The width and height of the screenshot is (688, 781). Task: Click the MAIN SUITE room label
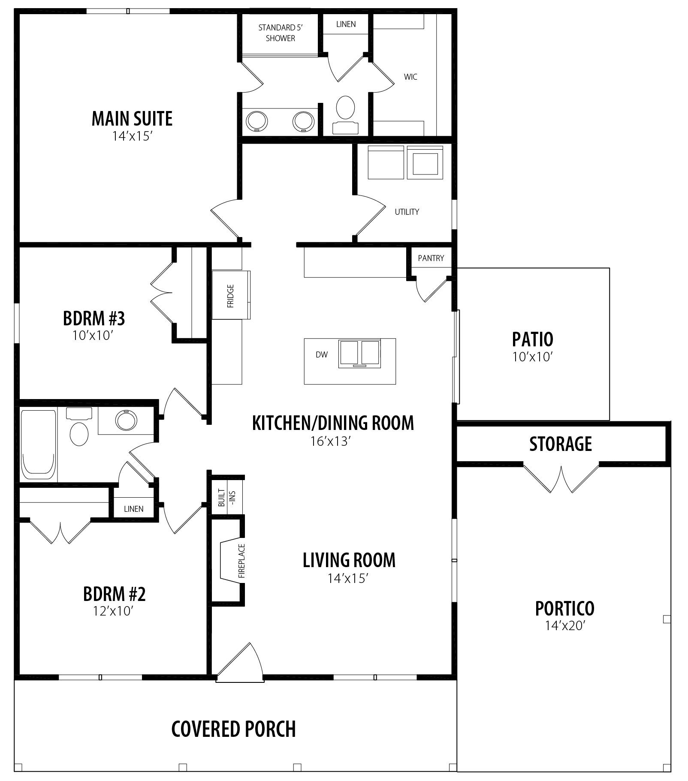coord(132,119)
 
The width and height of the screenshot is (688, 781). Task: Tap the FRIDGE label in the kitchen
coord(231,296)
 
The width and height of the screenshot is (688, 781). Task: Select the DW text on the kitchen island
coord(322,354)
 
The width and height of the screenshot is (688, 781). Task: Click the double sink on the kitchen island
coord(359,354)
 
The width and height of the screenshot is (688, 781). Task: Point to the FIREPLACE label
coord(241,561)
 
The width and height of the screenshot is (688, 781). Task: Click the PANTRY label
coord(431,258)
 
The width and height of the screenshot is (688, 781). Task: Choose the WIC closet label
coord(410,77)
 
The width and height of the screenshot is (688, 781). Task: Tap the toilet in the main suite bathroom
coord(345,114)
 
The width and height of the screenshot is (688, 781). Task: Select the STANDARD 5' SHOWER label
coord(281,33)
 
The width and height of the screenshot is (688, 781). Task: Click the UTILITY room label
coord(407,212)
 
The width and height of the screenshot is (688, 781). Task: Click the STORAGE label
coord(561,444)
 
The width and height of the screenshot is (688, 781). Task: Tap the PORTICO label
coord(565,608)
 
